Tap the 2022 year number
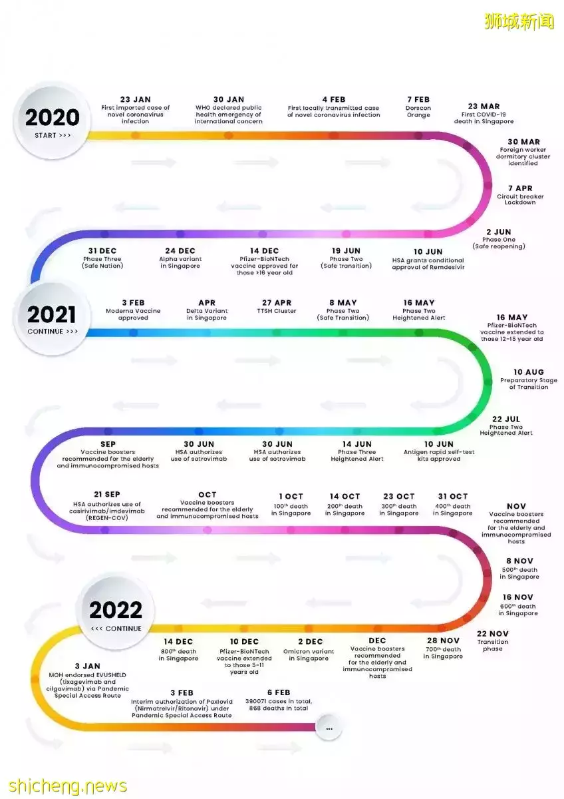116,610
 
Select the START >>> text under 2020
53,135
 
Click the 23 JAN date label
135,99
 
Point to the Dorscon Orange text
418,111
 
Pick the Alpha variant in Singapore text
180,262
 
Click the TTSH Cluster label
277,311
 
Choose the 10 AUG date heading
528,372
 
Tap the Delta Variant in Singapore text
207,314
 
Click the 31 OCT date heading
452,496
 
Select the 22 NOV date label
493,634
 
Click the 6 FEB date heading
279,692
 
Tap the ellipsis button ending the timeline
329,728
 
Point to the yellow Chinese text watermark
519,21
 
